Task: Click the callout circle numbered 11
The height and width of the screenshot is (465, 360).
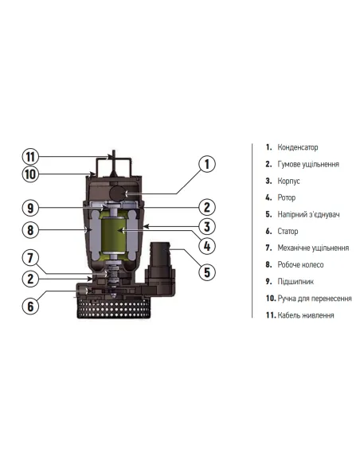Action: tap(31, 156)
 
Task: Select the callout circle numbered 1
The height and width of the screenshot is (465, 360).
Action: tap(205, 165)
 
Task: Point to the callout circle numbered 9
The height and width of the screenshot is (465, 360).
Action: tap(31, 208)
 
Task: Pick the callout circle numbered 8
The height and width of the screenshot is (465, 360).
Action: tap(31, 231)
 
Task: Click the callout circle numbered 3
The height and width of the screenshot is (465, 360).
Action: tap(205, 226)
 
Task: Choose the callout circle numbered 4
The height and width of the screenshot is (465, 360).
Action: tap(205, 246)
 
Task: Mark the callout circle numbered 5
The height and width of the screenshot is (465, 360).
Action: tap(205, 272)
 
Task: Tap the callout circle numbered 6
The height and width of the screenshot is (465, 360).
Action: tap(31, 304)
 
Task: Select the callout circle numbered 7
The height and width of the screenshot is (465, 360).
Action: tap(31, 258)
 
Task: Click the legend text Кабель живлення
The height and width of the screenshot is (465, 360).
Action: tap(306, 315)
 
